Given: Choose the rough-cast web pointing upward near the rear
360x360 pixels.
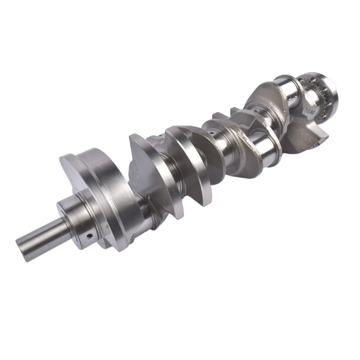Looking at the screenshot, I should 264,96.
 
